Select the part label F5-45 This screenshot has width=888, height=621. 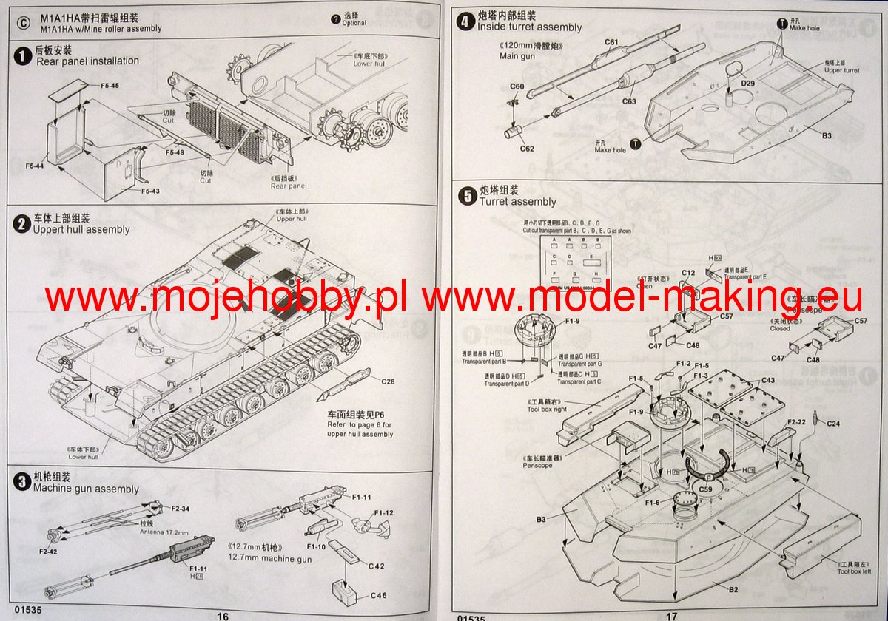point(110,86)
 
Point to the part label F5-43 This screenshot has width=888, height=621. point(150,191)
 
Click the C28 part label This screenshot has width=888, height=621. point(389,381)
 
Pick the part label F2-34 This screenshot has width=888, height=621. point(181,509)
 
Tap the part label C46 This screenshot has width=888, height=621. point(379,596)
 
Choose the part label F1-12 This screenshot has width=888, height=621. point(383,513)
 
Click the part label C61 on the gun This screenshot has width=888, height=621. point(610,42)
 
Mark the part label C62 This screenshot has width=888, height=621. point(527,149)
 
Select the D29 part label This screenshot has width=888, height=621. point(748,84)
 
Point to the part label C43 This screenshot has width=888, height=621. point(767,381)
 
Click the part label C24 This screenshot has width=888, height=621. point(833,424)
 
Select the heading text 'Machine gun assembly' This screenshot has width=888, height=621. point(86,489)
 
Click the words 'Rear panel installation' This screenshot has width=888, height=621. point(87,61)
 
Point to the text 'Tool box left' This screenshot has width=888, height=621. point(854,571)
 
